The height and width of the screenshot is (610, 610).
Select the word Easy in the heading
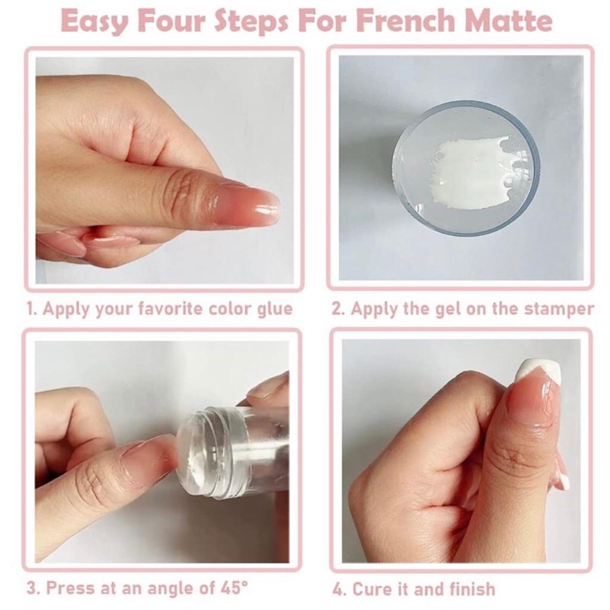[95, 22]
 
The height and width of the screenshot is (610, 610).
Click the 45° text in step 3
[232, 588]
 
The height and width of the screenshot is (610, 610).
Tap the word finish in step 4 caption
[472, 589]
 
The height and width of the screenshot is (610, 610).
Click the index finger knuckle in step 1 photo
[183, 191]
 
